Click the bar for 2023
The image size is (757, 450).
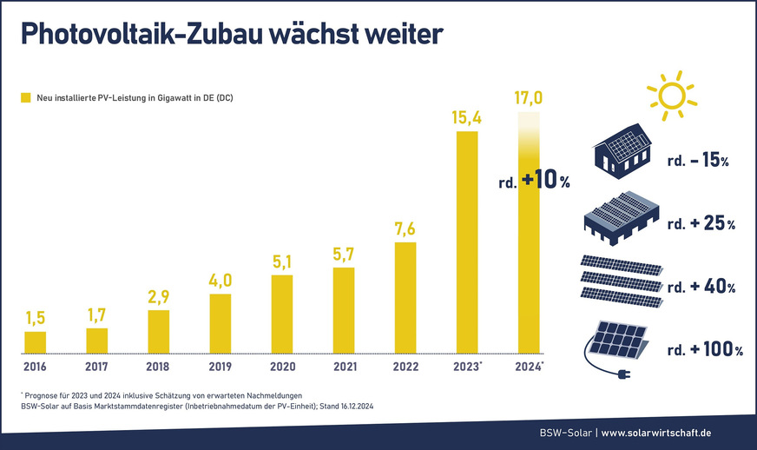tap(467, 242)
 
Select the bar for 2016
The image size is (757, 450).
tap(35, 342)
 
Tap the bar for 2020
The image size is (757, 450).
tap(282, 314)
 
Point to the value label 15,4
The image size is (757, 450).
tap(467, 116)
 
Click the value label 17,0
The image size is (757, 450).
tap(529, 97)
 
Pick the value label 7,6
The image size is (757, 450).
tap(405, 228)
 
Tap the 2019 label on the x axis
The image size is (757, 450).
tap(221, 366)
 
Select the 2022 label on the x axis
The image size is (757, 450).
tap(405, 366)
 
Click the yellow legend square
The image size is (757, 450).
tap(25, 98)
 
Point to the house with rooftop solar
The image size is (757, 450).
tap(622, 147)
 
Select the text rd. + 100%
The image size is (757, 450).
tap(705, 350)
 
